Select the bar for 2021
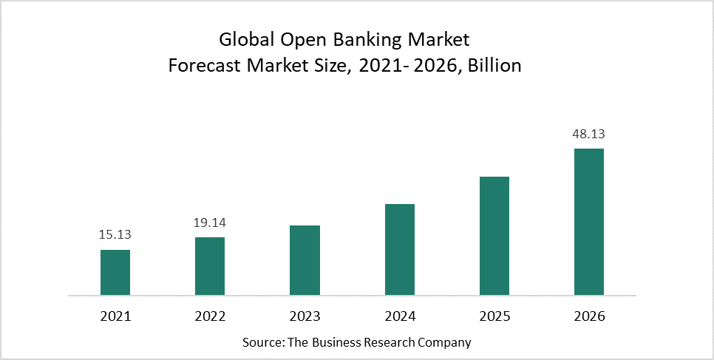[x=115, y=273]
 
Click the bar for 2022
[x=210, y=266]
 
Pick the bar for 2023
[x=305, y=260]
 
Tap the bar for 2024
[x=400, y=250]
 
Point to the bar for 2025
[x=494, y=236]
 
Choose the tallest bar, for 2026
[x=589, y=222]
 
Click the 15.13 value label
[x=115, y=235]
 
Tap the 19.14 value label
[x=210, y=223]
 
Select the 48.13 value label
[x=589, y=134]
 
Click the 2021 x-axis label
[x=115, y=316]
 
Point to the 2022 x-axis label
[x=210, y=316]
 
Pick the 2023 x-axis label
[x=305, y=316]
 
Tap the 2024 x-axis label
[x=400, y=316]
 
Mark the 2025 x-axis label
[x=494, y=316]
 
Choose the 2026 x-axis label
[x=589, y=316]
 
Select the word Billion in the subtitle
[x=495, y=65]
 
